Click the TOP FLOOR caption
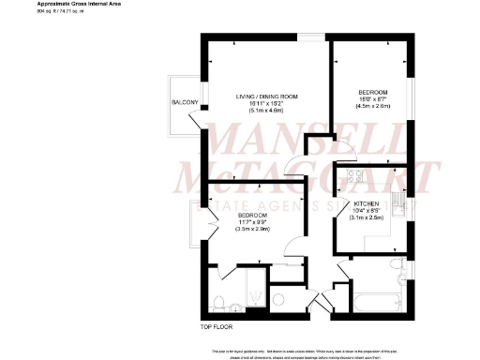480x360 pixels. (x=217, y=328)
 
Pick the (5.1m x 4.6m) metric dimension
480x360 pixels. (x=266, y=111)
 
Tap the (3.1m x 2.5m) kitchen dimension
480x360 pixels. (x=367, y=217)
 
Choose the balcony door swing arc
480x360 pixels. (x=200, y=118)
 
